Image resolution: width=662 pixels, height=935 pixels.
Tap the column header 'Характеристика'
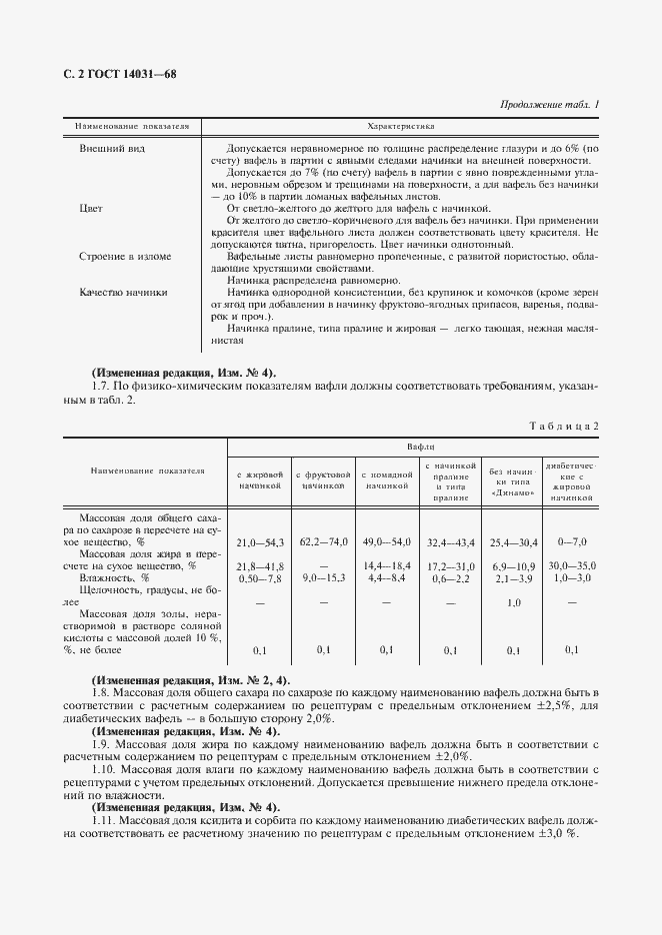pos(400,128)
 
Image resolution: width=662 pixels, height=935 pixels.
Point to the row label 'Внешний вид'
pos(108,148)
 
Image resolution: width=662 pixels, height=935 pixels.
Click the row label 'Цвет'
pos(92,209)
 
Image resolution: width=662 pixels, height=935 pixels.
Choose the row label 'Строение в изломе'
pos(125,257)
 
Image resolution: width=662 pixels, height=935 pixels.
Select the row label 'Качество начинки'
pos(123,293)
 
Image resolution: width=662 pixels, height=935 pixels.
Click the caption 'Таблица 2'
pos(565,427)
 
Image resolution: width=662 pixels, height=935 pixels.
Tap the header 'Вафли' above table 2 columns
pos(420,447)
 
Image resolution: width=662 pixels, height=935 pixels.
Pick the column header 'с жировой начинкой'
pos(262,478)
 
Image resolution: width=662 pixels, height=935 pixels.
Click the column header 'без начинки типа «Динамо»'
pos(513,478)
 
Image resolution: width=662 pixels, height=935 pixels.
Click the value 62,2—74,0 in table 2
pos(323,541)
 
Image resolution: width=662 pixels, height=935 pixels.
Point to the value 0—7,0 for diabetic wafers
pos(571,541)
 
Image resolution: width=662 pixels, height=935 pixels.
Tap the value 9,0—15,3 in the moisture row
pos(323,577)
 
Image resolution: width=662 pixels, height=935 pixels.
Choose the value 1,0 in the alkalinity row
pos(514,602)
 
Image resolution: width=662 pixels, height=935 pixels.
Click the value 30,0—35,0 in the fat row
pos(571,565)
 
